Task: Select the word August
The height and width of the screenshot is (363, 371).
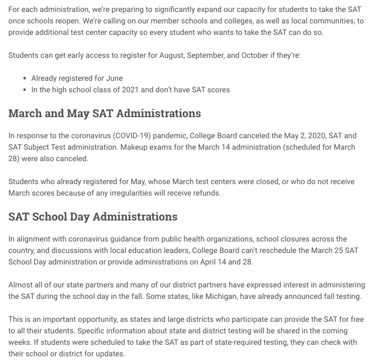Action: (x=171, y=55)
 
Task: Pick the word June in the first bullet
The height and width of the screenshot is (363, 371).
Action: (x=114, y=78)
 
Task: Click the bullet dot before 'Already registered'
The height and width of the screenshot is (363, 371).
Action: (x=24, y=78)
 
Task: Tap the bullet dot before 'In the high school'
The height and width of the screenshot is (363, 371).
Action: (x=24, y=90)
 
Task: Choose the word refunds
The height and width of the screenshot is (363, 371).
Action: (x=206, y=193)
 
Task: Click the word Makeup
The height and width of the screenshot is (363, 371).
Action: (x=135, y=147)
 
